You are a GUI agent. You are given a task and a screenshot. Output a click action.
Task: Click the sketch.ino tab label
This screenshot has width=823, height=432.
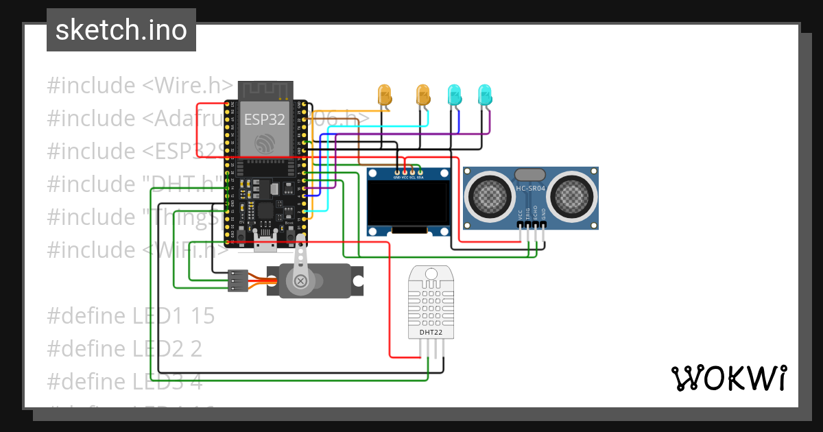[121, 30]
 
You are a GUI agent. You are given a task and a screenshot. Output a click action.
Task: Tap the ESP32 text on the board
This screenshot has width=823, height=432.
[264, 119]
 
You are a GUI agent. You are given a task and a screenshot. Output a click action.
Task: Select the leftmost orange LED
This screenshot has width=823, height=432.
[385, 95]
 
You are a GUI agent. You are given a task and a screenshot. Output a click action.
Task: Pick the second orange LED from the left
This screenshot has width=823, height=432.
[423, 95]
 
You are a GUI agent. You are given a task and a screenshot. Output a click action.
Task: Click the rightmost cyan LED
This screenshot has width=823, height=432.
[484, 95]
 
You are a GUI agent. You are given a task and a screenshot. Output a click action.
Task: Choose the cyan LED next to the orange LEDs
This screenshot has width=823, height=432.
[453, 95]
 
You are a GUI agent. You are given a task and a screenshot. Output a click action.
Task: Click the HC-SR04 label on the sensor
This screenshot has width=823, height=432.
[531, 188]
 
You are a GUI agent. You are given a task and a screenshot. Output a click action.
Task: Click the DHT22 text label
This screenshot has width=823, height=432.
[430, 333]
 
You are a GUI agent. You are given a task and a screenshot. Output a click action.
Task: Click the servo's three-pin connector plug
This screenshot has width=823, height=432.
[237, 280]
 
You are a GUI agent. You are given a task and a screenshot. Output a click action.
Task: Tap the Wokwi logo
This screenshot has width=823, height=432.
[728, 378]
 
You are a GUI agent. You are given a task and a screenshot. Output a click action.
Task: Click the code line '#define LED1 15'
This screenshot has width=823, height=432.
[130, 315]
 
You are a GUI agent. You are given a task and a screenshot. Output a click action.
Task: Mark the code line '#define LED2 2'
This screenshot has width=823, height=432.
[124, 348]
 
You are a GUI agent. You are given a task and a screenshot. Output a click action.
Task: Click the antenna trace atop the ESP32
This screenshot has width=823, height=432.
[265, 90]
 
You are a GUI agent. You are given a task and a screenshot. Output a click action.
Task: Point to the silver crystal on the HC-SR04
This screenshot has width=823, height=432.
[530, 176]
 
